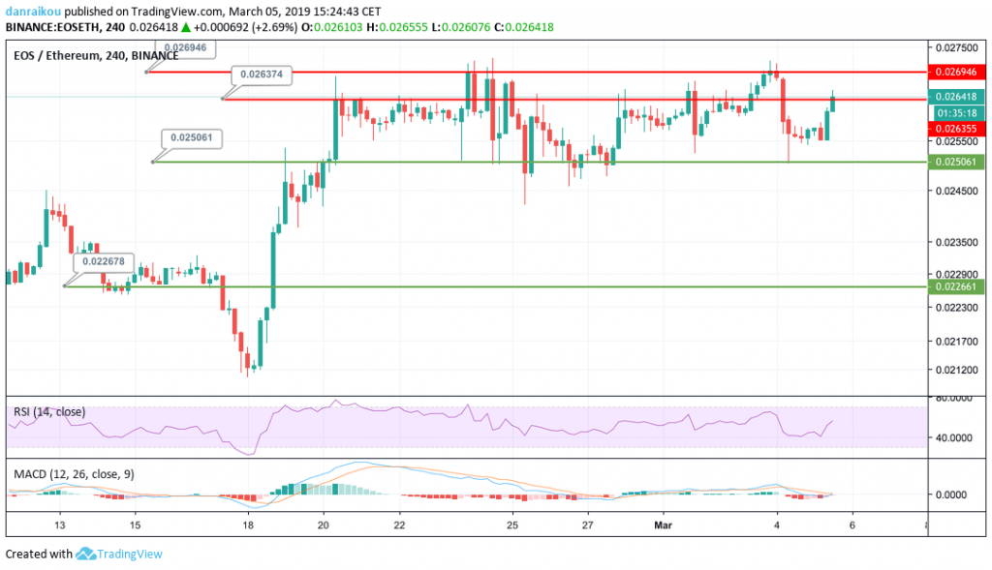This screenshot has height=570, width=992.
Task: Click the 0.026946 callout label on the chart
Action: pos(184,46)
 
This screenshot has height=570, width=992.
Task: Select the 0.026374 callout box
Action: pos(261,74)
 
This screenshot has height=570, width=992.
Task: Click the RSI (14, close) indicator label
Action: pos(49,412)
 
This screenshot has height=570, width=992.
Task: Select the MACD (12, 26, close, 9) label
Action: pos(74,475)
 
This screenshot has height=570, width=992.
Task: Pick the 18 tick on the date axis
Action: pos(249,525)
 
